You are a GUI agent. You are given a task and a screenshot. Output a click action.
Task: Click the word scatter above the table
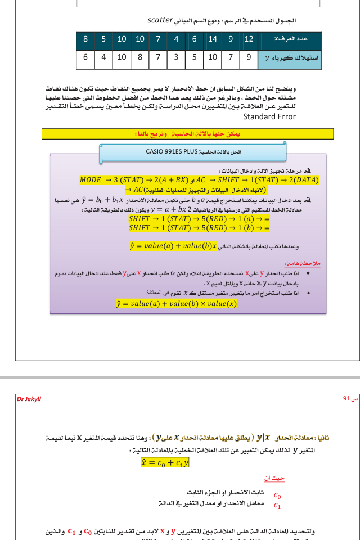point(160,21)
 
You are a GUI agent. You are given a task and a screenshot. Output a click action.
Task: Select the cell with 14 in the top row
point(213,39)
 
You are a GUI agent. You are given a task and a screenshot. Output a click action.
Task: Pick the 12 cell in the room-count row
point(249,39)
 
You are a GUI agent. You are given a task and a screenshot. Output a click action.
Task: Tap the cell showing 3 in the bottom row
point(176,57)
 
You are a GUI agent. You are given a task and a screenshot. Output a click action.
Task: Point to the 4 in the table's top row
point(176,39)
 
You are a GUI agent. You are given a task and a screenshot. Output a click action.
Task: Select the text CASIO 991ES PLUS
point(172,151)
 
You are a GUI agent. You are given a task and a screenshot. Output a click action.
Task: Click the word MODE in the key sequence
point(91,180)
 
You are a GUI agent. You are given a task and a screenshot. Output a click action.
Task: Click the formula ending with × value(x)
point(176,304)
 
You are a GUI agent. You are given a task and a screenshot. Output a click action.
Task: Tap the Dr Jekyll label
point(29,399)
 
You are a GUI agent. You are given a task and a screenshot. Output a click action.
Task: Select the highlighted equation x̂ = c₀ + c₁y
point(164,462)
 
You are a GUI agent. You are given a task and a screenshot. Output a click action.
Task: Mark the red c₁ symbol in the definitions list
point(277,505)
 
